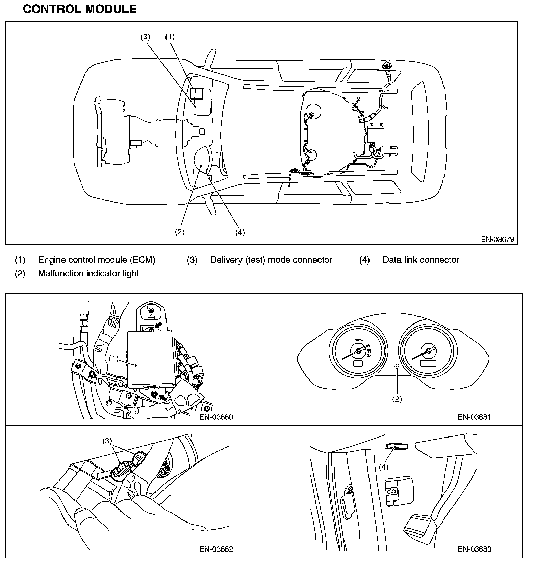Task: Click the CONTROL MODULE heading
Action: point(80,9)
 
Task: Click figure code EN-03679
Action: point(498,239)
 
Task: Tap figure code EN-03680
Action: point(216,417)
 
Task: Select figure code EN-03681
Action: point(474,417)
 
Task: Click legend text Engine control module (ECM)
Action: point(97,260)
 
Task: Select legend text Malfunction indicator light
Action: point(88,273)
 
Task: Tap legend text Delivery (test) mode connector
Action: point(271,260)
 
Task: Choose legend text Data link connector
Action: point(421,260)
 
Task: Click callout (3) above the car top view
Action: point(145,37)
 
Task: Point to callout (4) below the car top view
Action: point(240,232)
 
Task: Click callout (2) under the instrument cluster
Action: point(397,399)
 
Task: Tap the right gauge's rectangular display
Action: point(428,363)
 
